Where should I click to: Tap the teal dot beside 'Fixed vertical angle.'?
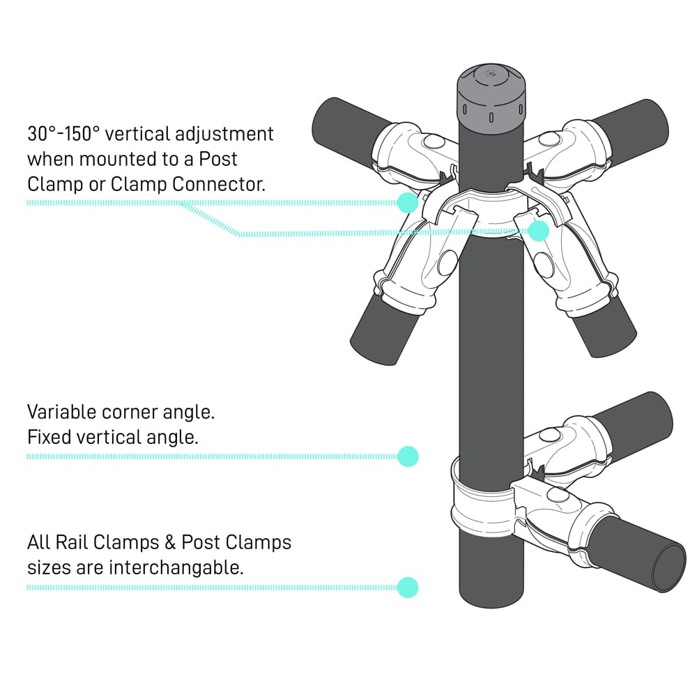408,456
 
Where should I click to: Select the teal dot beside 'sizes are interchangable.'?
408,587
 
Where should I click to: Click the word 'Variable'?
61,412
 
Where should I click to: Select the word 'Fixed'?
52,438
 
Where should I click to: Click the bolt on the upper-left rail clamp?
434,142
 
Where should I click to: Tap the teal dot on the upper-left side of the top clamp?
407,202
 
